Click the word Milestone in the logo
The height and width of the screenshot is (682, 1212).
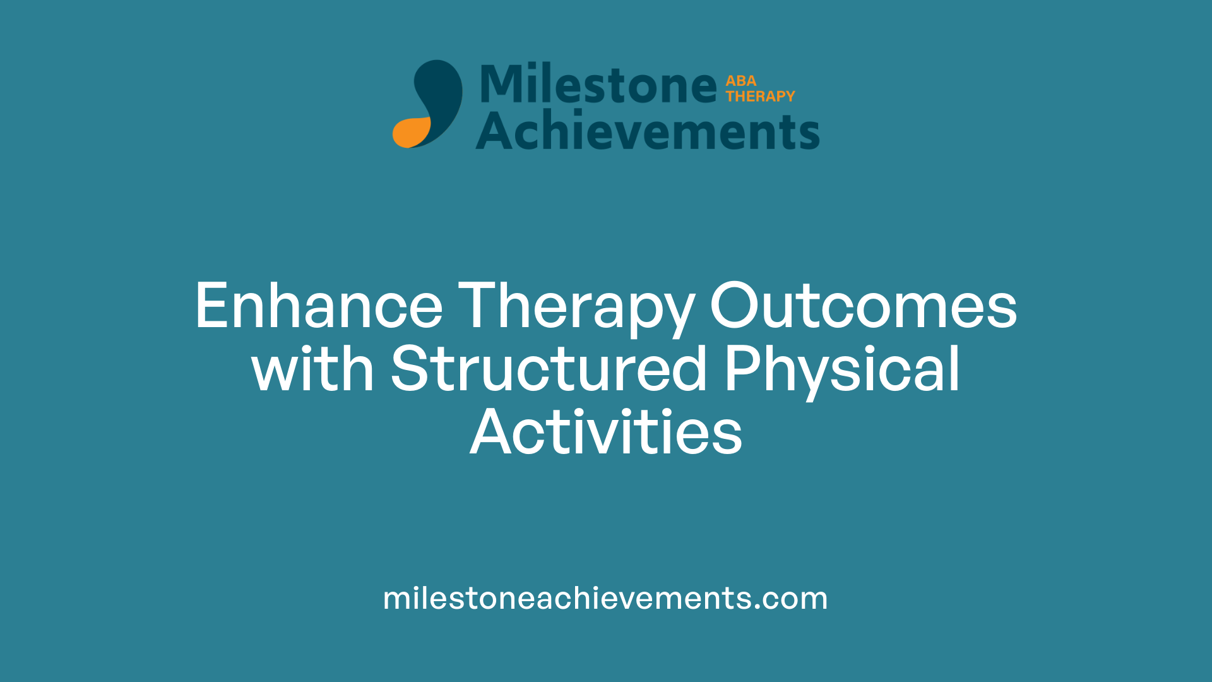click(598, 84)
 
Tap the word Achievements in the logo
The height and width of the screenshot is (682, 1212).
click(648, 131)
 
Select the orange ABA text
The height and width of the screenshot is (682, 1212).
click(740, 81)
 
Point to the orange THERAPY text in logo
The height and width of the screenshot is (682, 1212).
click(760, 96)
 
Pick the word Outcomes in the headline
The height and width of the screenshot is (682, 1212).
click(863, 306)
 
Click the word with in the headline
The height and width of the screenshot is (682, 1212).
click(312, 369)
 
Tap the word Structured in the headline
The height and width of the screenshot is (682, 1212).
click(549, 369)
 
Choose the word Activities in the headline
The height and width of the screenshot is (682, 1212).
click(606, 433)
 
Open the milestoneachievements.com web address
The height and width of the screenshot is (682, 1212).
click(605, 598)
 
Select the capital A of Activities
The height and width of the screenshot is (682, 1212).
click(489, 433)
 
